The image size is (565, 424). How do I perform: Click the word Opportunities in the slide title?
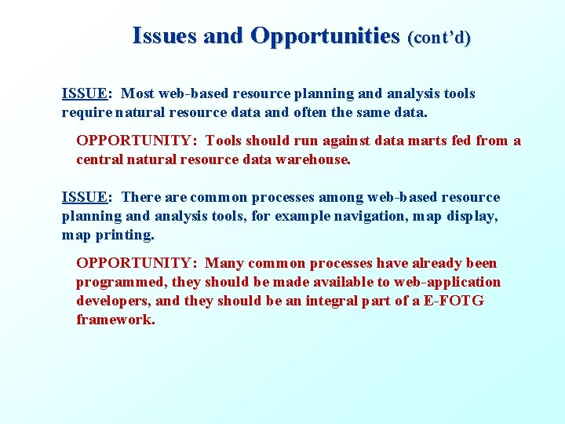coord(325,36)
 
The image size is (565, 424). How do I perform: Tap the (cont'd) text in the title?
coord(439,37)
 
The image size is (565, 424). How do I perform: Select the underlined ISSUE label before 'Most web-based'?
coord(85,93)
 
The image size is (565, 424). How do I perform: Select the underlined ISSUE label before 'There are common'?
coord(85,197)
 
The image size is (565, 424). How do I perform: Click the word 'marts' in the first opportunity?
coord(416,141)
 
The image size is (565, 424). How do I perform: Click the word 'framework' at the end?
coord(115,320)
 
